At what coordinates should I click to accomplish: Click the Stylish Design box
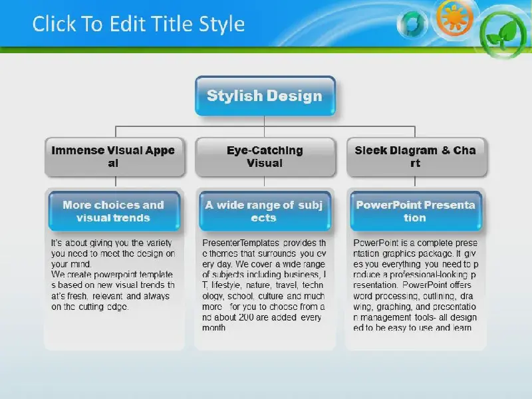pos(265,96)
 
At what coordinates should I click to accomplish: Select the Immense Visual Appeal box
pos(114,157)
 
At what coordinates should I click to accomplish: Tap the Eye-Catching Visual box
pos(265,157)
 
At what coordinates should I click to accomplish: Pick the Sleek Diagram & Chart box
pos(417,157)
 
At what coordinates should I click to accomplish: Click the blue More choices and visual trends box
pos(114,211)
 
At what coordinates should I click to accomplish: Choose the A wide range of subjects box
pos(265,211)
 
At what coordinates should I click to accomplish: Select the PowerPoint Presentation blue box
pos(416,211)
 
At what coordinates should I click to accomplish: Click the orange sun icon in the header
pos(455,18)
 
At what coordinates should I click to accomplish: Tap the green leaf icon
pos(503,34)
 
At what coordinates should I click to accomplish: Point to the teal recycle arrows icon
pos(412,24)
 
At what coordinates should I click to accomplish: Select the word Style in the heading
pos(221,25)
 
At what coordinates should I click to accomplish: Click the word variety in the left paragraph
pos(159,243)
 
